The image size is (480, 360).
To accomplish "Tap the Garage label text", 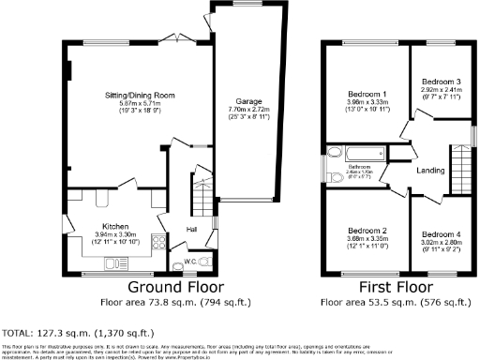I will (x=247, y=100).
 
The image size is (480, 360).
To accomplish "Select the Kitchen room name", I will (x=115, y=226).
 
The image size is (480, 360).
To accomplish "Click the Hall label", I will (x=191, y=228).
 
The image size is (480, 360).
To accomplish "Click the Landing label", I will (x=430, y=170).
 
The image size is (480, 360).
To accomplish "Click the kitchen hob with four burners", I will (x=155, y=246).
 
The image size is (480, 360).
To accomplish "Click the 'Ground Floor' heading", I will (x=170, y=287).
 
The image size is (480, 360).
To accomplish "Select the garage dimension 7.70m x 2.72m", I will (x=247, y=109).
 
